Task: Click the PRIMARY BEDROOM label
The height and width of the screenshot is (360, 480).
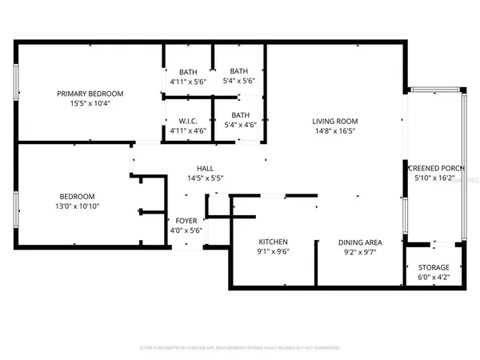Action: click(88, 94)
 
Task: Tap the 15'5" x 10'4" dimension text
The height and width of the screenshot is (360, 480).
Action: click(88, 103)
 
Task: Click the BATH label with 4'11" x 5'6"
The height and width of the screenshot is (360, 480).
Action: click(187, 72)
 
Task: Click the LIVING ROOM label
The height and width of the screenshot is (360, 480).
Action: click(334, 122)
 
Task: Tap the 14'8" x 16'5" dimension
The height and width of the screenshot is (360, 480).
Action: click(334, 131)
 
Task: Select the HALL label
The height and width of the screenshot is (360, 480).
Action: click(205, 169)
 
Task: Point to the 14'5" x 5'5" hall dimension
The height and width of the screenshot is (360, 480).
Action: click(205, 178)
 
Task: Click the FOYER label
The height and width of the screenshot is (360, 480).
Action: click(186, 220)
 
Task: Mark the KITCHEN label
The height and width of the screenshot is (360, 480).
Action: click(273, 242)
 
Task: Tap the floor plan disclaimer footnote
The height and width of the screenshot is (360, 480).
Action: click(240, 348)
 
